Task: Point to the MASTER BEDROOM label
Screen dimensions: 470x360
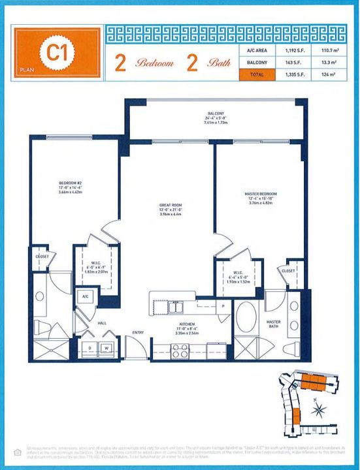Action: pyautogui.click(x=261, y=194)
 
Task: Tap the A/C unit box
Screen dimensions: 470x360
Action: pyautogui.click(x=86, y=296)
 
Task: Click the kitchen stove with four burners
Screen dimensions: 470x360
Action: pyautogui.click(x=180, y=351)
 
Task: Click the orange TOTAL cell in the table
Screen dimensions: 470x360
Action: pyautogui.click(x=257, y=74)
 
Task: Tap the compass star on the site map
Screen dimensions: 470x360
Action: pyautogui.click(x=320, y=411)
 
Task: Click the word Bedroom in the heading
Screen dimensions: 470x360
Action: pyautogui.click(x=154, y=63)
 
